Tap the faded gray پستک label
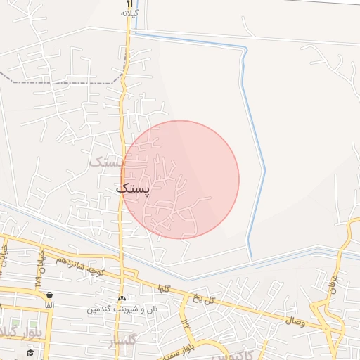108,162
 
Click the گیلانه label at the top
129,13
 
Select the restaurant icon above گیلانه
129,4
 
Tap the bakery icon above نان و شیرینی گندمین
122,299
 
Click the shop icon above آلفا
49,295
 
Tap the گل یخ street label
204,300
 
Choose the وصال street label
295,321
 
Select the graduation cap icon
30,352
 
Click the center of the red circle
180,180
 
